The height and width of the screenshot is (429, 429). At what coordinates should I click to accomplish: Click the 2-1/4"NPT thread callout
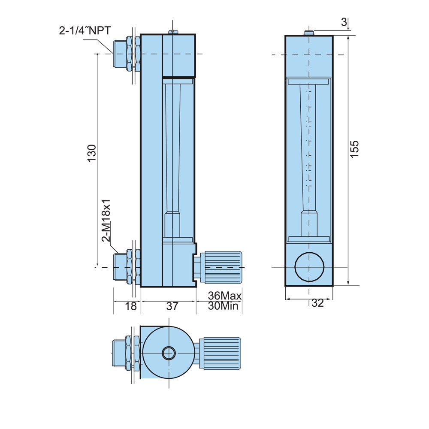click(x=85, y=31)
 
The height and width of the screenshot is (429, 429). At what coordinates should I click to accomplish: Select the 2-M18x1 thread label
click(x=106, y=221)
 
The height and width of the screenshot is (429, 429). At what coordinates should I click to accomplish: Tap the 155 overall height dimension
click(x=354, y=149)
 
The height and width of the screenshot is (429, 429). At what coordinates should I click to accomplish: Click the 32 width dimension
click(x=317, y=303)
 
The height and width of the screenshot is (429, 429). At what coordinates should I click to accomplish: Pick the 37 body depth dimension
click(x=172, y=306)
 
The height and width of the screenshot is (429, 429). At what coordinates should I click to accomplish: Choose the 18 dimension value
click(x=131, y=306)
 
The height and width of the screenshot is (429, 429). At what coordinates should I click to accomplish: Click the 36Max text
click(x=225, y=296)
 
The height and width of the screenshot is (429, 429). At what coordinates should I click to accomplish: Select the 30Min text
click(x=225, y=306)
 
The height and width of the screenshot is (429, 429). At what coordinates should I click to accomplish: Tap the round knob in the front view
click(x=309, y=267)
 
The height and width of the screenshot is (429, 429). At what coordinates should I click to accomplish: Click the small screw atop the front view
click(x=308, y=33)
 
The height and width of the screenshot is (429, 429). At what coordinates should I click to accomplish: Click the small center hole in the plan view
click(x=168, y=353)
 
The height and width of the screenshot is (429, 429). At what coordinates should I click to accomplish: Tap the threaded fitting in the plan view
click(x=124, y=353)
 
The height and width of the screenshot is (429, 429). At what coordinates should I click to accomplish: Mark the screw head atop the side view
click(x=173, y=31)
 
